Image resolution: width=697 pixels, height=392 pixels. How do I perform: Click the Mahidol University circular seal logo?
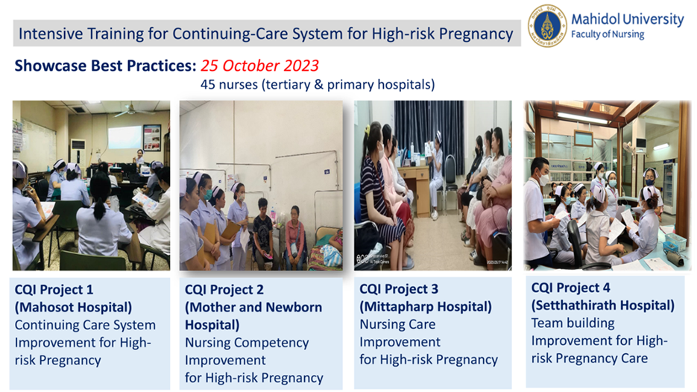coord(547,26)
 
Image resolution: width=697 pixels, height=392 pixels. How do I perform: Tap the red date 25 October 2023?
coord(259,66)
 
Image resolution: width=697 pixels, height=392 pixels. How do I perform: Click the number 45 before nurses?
coord(208,84)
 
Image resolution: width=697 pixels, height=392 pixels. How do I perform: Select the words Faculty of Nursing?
coord(608,35)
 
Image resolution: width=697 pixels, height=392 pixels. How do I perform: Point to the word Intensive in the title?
coord(50,34)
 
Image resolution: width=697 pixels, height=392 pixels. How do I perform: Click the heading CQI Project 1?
coord(54,290)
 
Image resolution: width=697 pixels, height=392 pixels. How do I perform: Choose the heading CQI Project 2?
coord(224,290)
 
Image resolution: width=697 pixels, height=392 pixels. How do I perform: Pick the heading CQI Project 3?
coord(399,289)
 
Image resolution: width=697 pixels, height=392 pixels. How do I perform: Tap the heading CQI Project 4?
coord(570,288)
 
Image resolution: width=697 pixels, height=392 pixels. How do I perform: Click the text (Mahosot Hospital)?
coord(73,308)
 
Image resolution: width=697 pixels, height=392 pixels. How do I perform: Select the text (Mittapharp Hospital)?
coord(426,306)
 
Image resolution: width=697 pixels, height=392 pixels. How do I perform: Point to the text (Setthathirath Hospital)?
coord(603,306)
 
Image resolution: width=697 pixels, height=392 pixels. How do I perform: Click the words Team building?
coord(573,323)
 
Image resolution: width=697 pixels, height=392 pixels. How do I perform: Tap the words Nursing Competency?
coord(247,343)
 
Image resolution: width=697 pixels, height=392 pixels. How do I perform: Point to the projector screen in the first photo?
coord(125,137)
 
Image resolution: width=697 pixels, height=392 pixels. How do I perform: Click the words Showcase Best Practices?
coord(105,66)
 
